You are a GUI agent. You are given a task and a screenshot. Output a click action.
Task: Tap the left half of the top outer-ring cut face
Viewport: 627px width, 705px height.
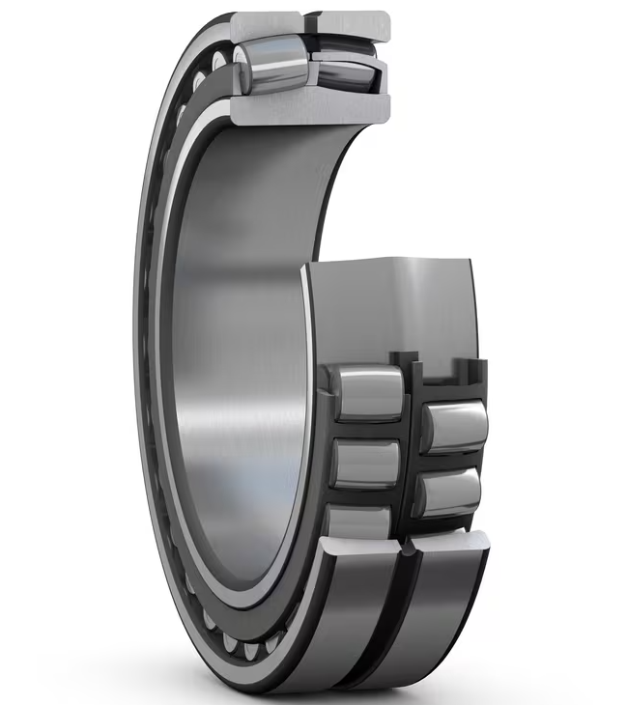pos(267,20)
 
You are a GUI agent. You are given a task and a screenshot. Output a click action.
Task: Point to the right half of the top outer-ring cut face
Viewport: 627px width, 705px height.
pos(352,22)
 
